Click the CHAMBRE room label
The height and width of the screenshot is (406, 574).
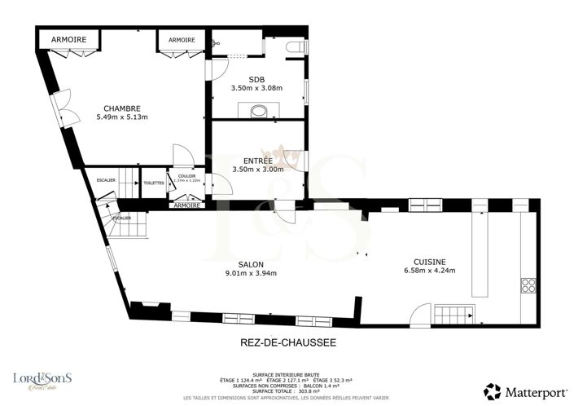point(122,108)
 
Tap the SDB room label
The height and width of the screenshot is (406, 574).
point(257,78)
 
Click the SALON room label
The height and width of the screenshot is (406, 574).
point(251,264)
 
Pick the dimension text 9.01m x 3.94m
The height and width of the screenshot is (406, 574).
point(251,274)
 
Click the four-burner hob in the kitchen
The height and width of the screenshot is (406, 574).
point(528,285)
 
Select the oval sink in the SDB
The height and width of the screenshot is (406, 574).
point(258,111)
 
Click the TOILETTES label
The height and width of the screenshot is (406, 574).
point(154,183)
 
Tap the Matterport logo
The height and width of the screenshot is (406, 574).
point(521,392)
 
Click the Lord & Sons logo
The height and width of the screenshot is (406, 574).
point(42,380)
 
